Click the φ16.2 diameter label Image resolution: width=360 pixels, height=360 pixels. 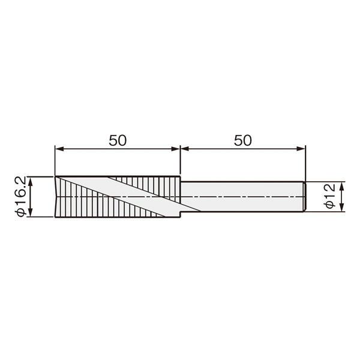coord(20,197)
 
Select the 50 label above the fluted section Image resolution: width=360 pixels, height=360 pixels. coord(118,140)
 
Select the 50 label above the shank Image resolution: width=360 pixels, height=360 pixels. coord(242,140)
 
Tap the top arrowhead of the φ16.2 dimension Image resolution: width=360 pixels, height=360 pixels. coord(31,181)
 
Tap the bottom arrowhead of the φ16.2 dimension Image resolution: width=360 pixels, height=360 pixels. coord(31,212)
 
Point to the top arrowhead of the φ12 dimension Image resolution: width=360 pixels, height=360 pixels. coord(342,186)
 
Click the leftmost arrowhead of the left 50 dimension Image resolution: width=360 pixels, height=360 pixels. coord(59,149)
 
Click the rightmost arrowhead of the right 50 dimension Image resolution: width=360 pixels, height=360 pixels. coord(301,149)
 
